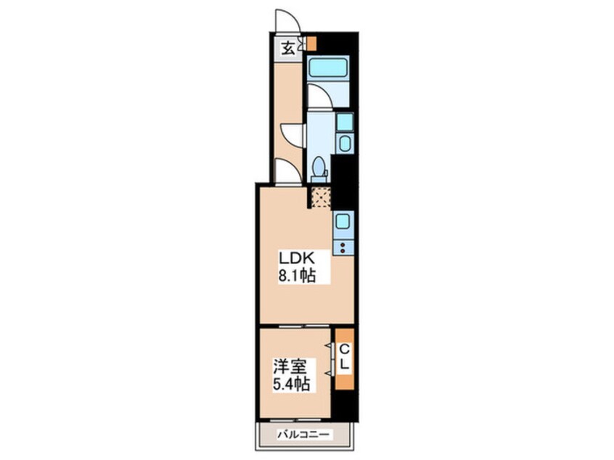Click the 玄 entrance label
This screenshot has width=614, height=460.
tap(288, 49)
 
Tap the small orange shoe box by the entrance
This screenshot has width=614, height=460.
tap(311, 43)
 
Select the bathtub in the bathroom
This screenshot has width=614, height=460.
tap(328, 68)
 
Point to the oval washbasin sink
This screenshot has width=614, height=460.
tap(345, 143)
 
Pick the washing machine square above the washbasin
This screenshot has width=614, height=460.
tap(345, 121)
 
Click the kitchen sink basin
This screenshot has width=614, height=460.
tap(343, 221)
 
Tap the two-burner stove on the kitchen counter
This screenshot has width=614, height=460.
tap(343, 247)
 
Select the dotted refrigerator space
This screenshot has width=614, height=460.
tap(321, 197)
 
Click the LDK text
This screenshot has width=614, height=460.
tap(297, 258)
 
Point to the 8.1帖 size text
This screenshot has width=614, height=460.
tap(297, 276)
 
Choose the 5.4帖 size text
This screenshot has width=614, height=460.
tap(291, 385)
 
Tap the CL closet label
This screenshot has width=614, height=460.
tap(345, 357)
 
